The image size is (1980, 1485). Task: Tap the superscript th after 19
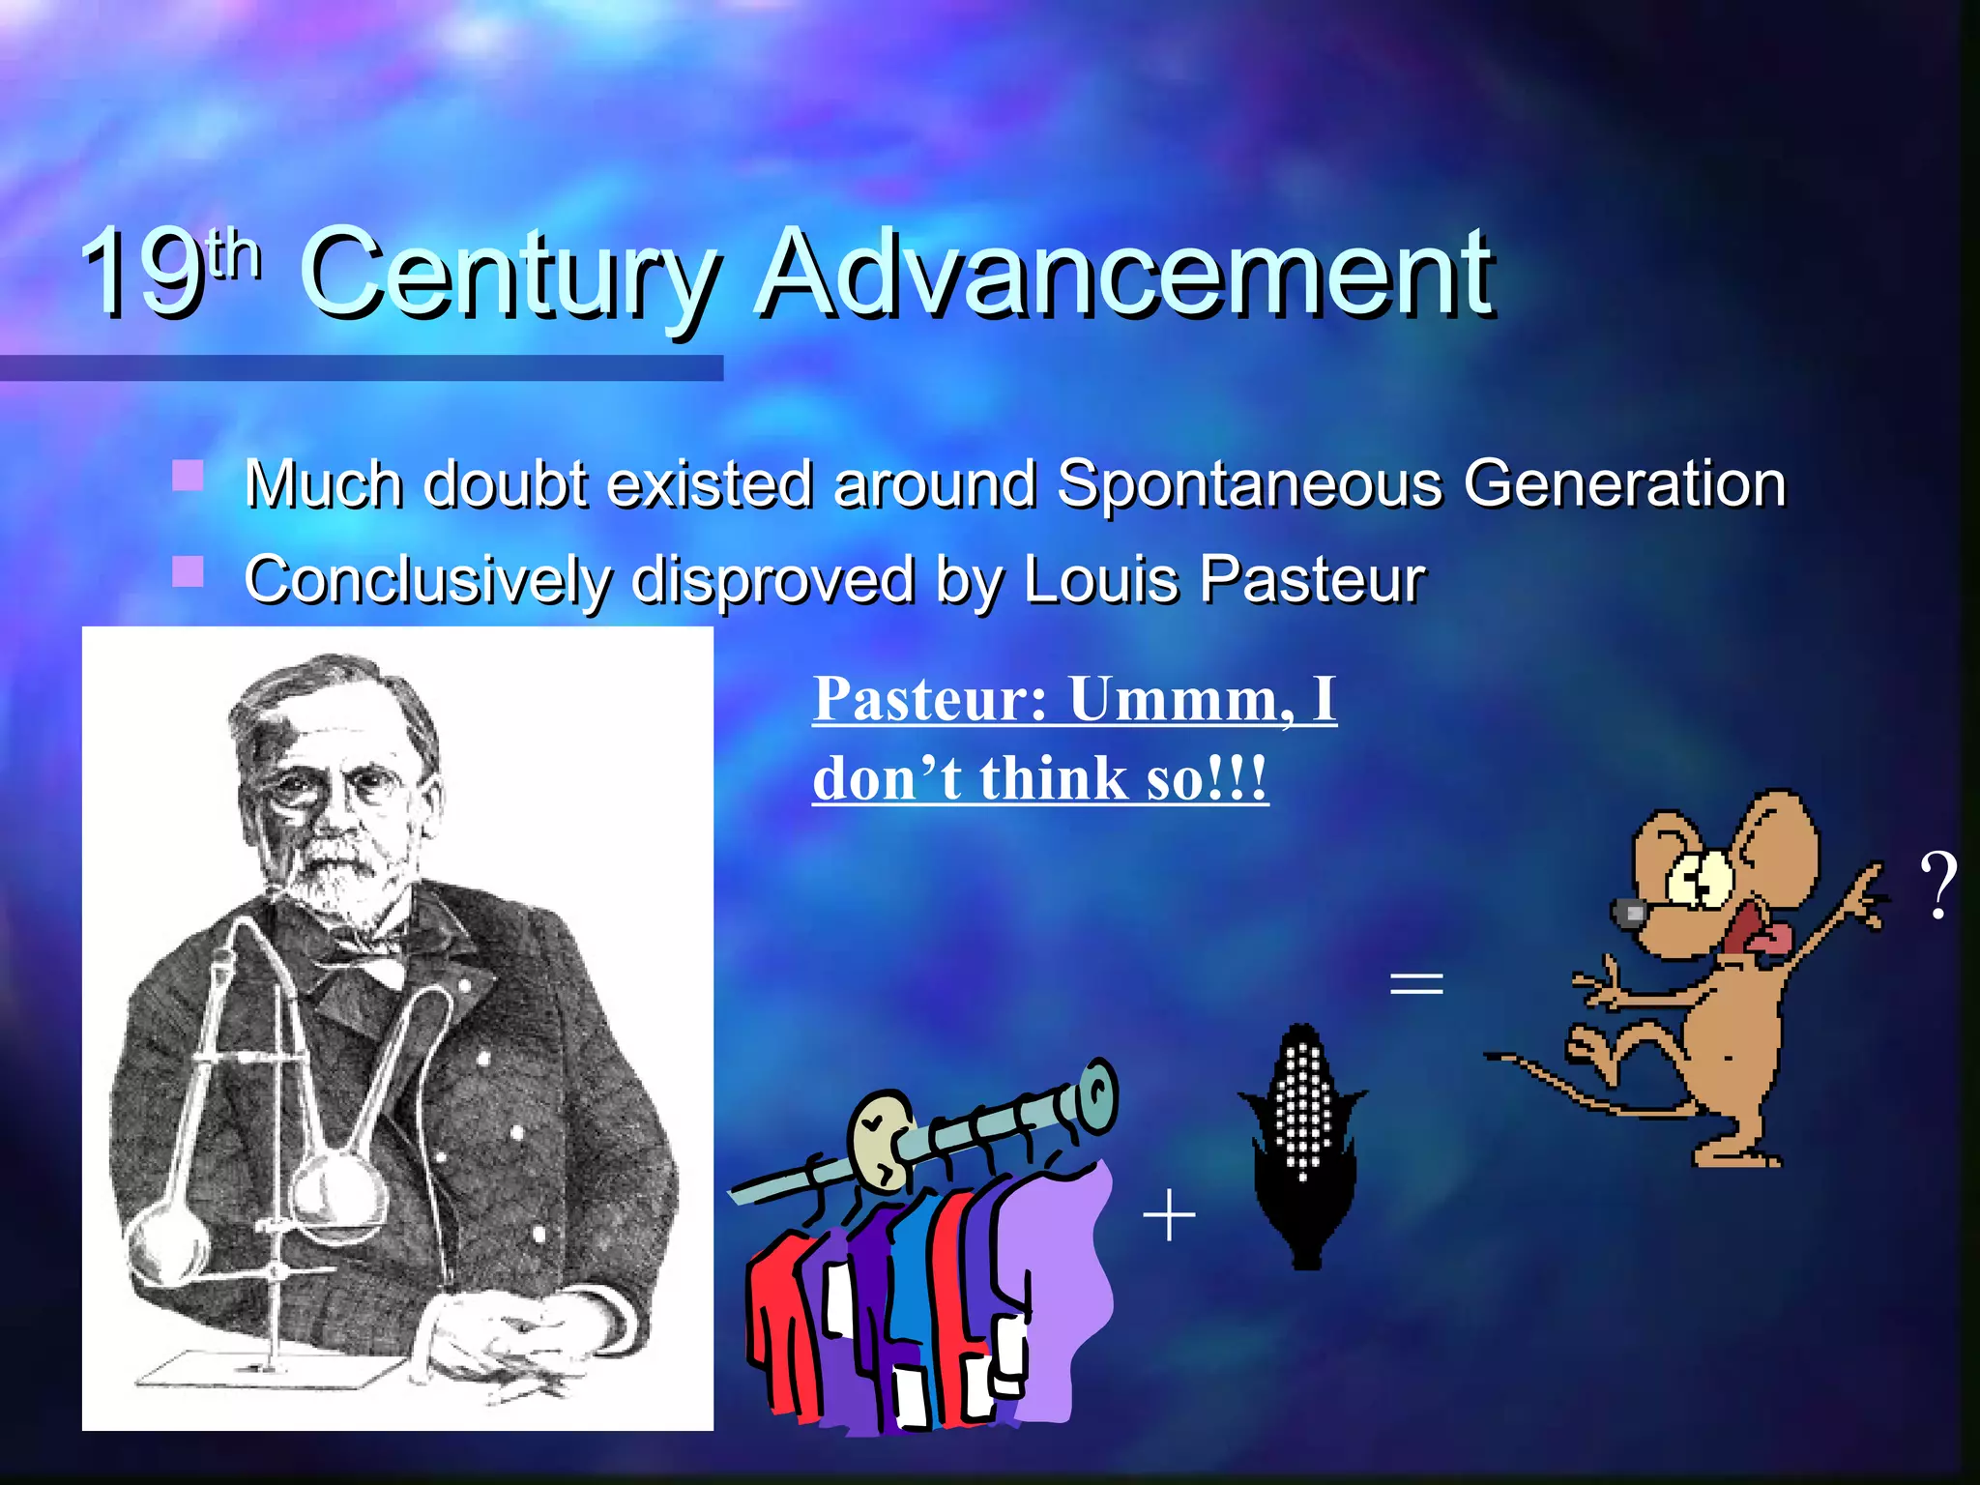[x=235, y=253]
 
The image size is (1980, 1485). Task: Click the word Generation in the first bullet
[x=1623, y=482]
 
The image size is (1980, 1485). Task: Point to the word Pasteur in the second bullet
[x=1312, y=580]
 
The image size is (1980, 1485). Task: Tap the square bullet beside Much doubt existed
[x=188, y=476]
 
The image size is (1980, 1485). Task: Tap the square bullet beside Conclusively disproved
[x=188, y=571]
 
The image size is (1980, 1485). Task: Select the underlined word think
[x=1053, y=778]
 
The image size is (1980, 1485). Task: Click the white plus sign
[x=1169, y=1215]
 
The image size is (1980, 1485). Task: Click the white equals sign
[x=1415, y=984]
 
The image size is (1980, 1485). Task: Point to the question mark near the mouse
[x=1937, y=885]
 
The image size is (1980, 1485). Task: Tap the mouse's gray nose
[x=1630, y=912]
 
